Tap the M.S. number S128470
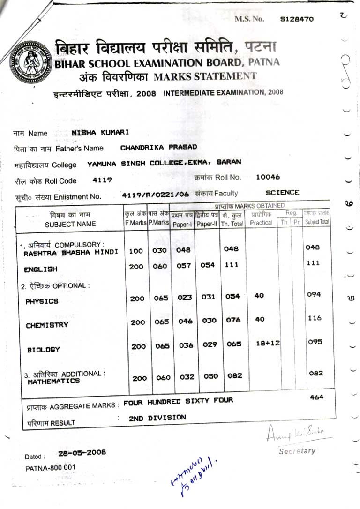[x=297, y=19]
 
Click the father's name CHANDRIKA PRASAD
[x=158, y=147]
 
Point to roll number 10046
[x=268, y=177]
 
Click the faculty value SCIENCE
[x=282, y=192]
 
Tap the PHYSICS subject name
[x=42, y=301]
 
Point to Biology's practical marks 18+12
[x=268, y=343]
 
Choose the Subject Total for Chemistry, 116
[x=315, y=318]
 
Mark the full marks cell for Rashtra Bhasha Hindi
[x=136, y=251]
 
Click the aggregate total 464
[x=316, y=397]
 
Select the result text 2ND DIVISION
[x=157, y=417]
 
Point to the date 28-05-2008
[x=82, y=452]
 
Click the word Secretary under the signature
[x=297, y=451]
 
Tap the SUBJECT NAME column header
[x=70, y=224]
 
